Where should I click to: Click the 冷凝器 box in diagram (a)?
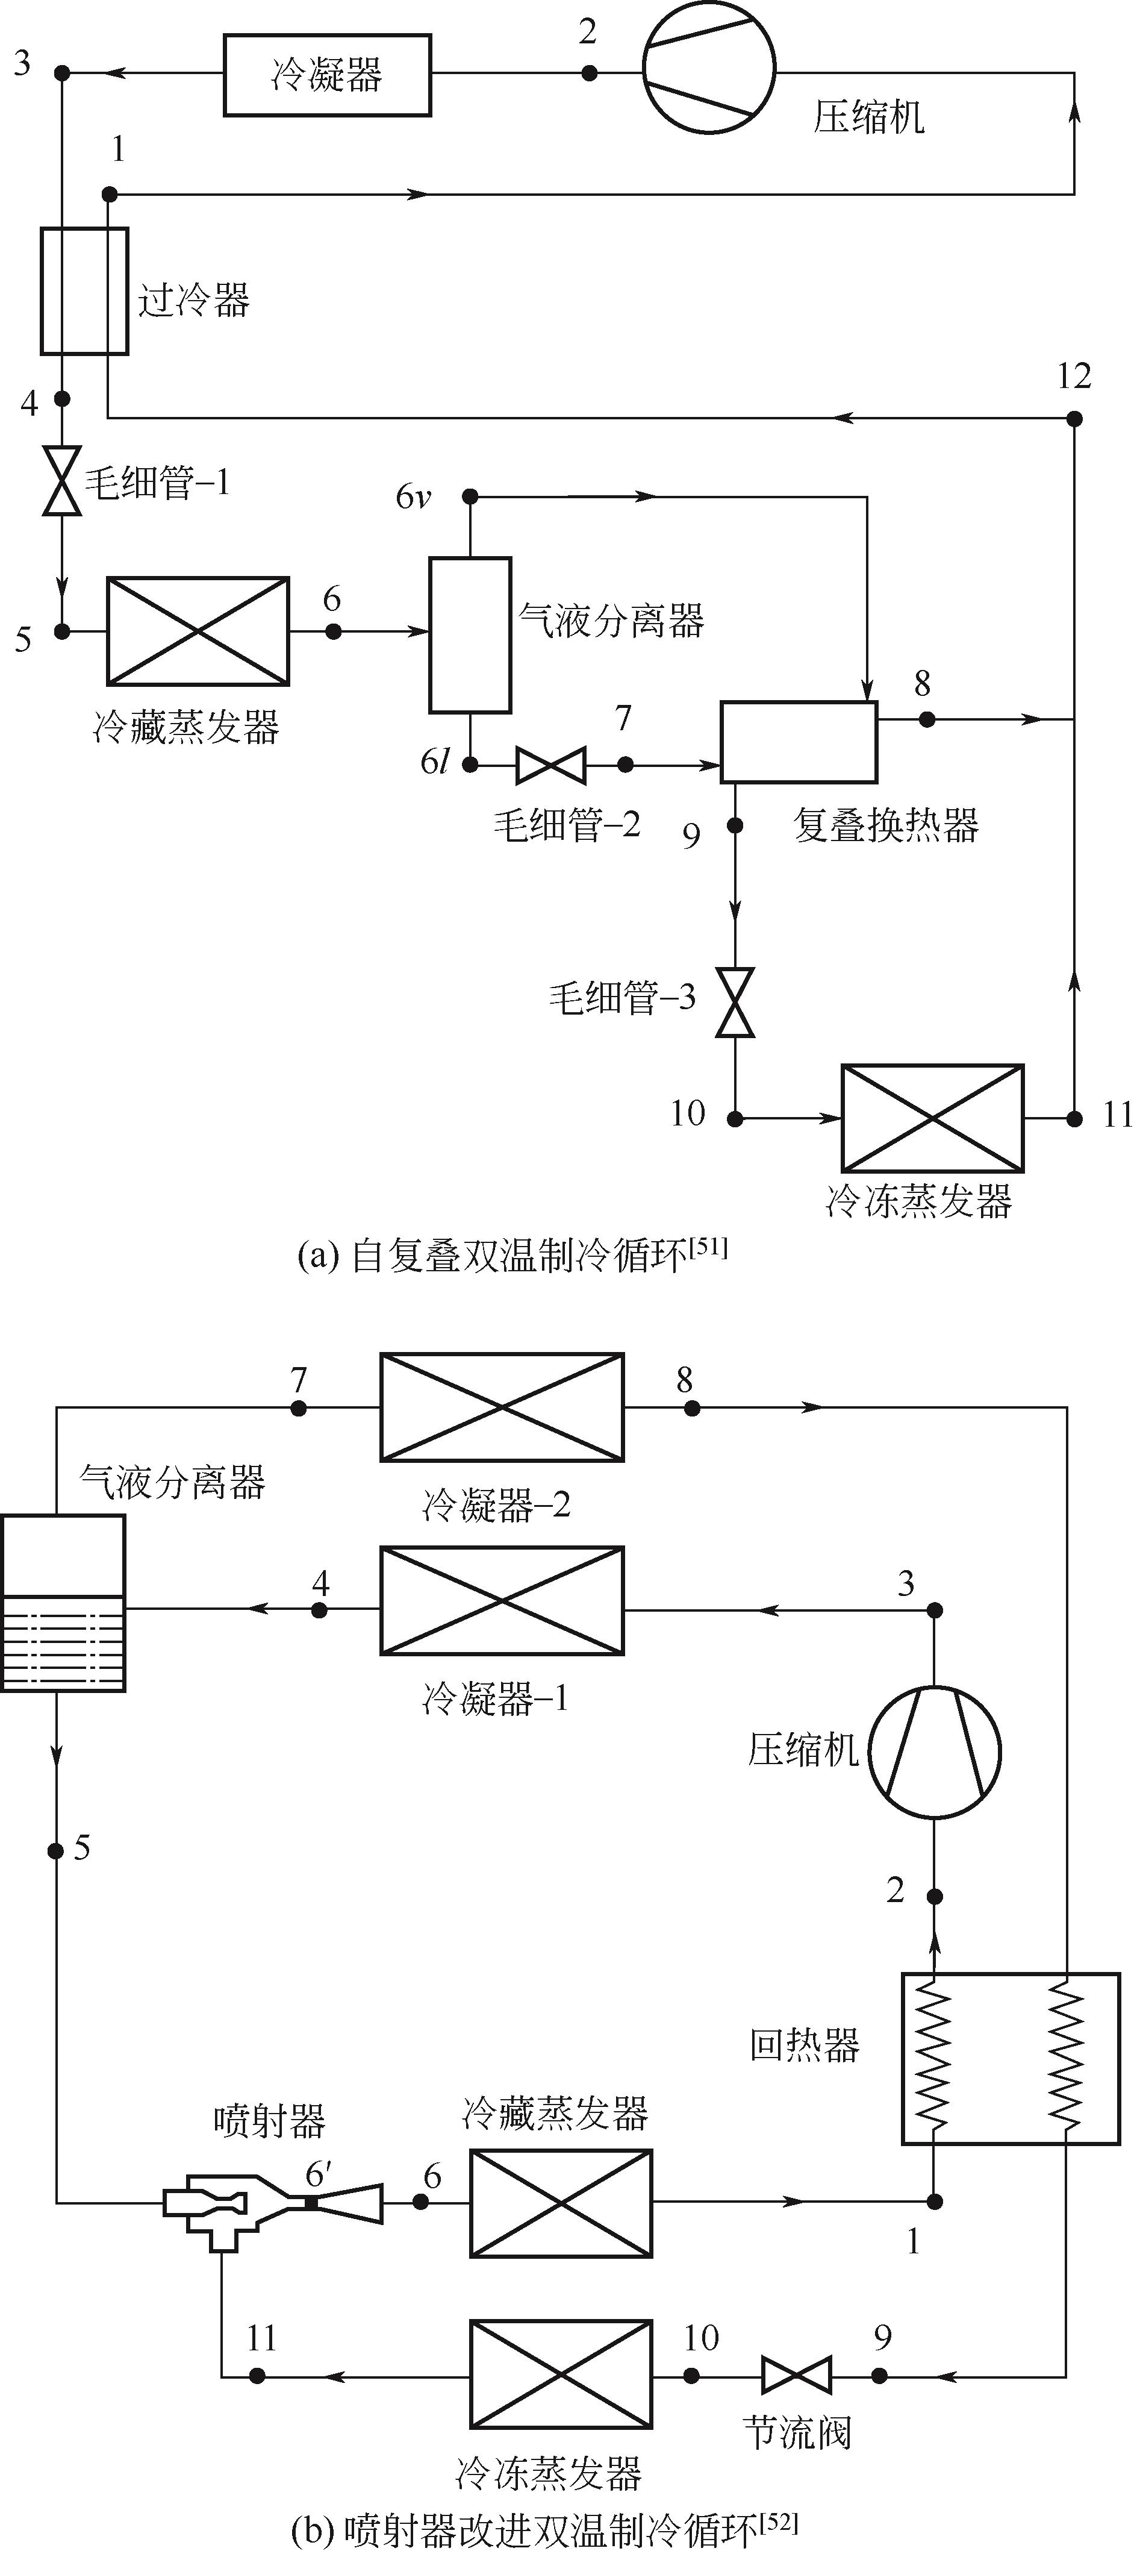[x=327, y=75]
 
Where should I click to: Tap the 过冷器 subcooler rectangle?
[x=84, y=290]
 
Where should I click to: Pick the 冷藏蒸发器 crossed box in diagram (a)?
[x=198, y=631]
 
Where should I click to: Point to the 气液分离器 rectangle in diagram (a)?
[x=470, y=634]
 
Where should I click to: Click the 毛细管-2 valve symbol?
[x=551, y=765]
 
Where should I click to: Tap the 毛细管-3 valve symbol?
[x=735, y=1003]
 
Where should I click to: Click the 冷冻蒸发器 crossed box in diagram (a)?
[x=932, y=1118]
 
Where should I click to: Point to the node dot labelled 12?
[x=1074, y=418]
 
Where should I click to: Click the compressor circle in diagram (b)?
[x=935, y=1752]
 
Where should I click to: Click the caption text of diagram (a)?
[x=512, y=1256]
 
